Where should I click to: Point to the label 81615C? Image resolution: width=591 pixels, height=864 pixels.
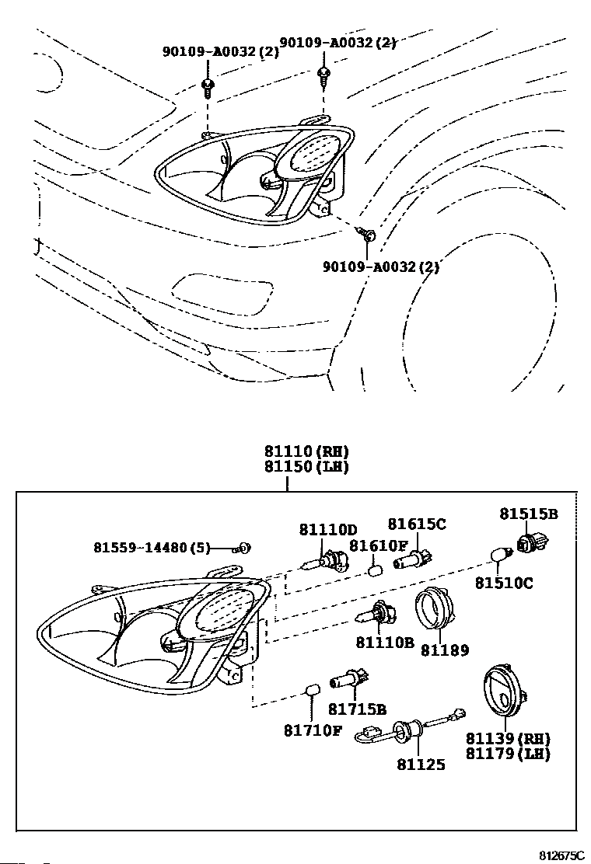(417, 524)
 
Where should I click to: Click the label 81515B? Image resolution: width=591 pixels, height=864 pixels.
(529, 514)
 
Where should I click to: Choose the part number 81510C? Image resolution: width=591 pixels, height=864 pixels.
(505, 583)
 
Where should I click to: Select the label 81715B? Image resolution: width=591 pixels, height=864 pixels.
(357, 709)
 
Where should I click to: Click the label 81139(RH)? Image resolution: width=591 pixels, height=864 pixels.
(509, 738)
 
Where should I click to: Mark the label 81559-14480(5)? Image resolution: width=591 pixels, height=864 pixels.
(152, 548)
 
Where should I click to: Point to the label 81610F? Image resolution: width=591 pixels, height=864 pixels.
(378, 546)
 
